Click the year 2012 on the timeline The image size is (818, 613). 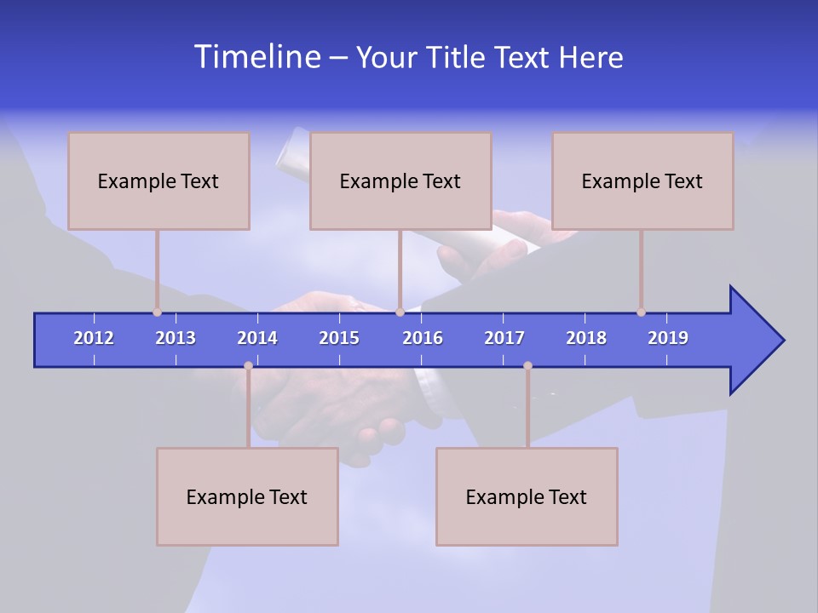pos(94,338)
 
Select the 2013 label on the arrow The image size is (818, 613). pos(176,338)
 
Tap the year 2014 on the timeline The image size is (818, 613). pos(257,338)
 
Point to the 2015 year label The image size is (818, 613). pos(339,338)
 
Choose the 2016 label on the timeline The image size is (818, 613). pos(423,338)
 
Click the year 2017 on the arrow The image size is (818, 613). pos(504,338)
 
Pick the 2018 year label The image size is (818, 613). pos(586,338)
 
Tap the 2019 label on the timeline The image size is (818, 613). pos(668,338)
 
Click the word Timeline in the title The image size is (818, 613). pos(256,57)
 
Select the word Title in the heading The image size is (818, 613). pos(457,58)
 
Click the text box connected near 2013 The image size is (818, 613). pos(158,180)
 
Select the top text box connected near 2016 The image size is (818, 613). pos(400,180)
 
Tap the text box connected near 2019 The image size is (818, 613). pos(642,180)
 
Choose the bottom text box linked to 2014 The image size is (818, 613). pos(247,496)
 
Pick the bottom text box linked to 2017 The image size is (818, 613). pos(527,496)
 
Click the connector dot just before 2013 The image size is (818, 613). pos(157,312)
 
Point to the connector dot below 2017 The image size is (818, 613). pos(527,365)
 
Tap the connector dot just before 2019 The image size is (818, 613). pos(641,312)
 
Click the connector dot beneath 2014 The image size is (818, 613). pos(248,365)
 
